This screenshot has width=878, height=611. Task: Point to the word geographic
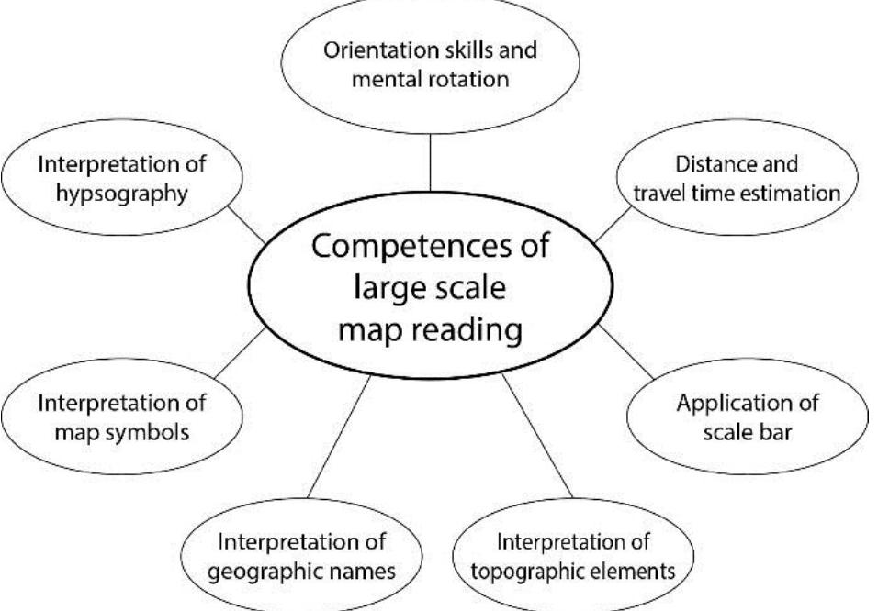[x=266, y=569]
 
